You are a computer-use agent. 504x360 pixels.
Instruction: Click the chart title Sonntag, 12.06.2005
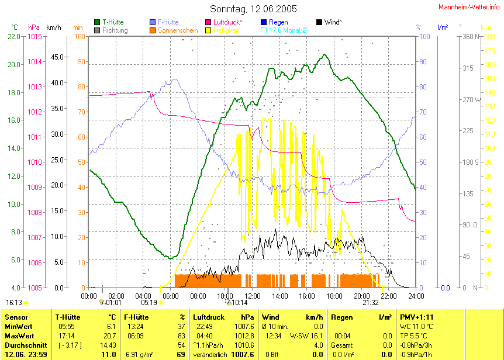coord(253,9)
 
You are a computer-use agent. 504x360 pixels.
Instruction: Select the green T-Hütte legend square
coord(97,22)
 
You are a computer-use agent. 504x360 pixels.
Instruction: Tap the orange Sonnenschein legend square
coord(153,30)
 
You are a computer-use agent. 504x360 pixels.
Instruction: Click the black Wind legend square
coord(319,22)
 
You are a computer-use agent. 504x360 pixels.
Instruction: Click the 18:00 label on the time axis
coord(334,296)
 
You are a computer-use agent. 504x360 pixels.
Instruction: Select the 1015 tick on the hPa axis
coord(35,36)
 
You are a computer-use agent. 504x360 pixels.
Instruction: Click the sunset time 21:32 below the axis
coord(371,303)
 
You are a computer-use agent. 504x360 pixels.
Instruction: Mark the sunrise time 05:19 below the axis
coord(149,303)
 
